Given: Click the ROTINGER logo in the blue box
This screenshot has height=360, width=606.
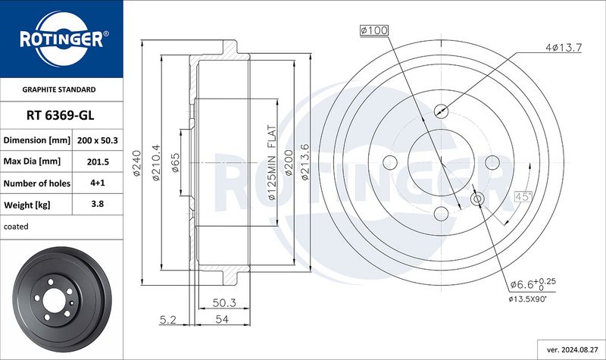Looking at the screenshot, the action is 62,39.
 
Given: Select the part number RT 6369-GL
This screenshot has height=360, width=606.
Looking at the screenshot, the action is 61,115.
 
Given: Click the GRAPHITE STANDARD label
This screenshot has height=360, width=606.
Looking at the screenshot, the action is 59,89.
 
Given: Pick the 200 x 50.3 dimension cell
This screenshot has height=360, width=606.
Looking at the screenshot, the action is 98,140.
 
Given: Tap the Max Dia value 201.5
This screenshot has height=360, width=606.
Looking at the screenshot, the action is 98,161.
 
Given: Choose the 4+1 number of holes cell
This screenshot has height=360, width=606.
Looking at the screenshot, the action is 98,183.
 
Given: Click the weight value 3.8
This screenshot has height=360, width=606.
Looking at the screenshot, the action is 98,204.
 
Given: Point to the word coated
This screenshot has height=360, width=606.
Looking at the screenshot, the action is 16,227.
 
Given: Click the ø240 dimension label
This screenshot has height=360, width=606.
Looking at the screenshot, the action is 137,163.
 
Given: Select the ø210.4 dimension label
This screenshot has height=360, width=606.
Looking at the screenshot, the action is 156,163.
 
